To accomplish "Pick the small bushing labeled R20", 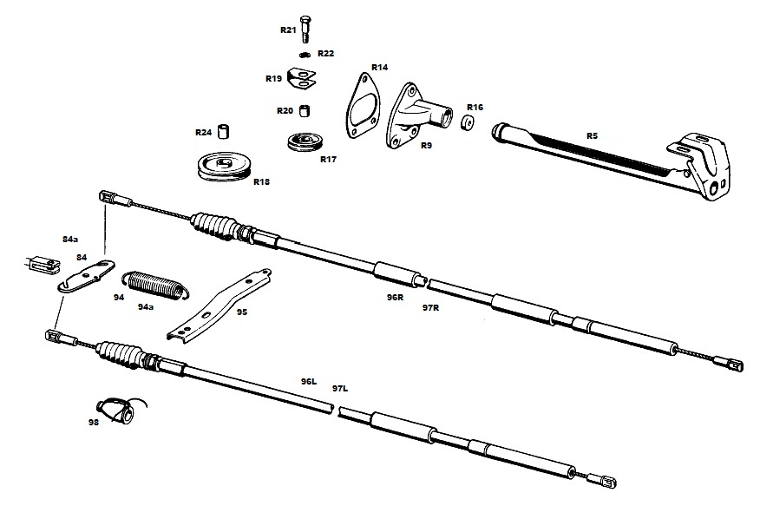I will coord(305,110).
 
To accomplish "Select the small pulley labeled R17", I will coord(305,142).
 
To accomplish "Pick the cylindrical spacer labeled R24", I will coord(224,133).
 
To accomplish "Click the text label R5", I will coord(592,135).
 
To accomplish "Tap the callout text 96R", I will coord(395,297).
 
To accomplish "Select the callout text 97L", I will coord(339,388).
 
